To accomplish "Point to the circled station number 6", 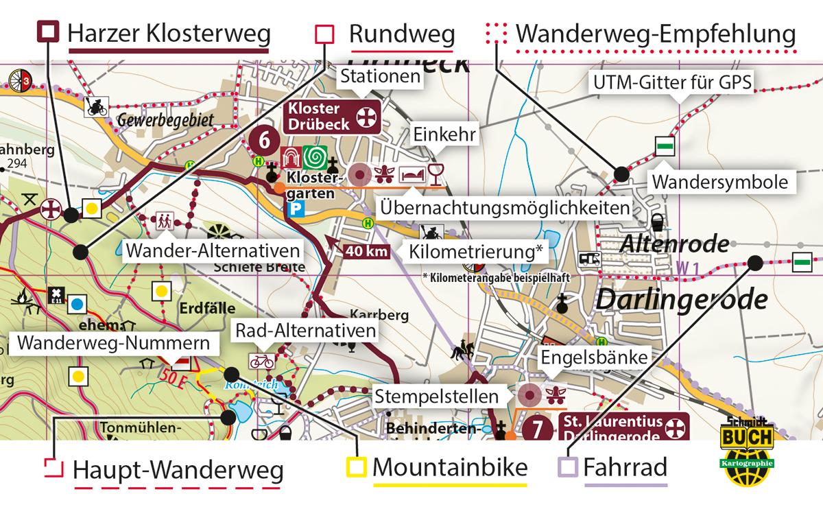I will tap(263, 139).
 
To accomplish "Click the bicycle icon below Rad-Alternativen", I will tap(262, 360).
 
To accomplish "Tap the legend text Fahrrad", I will tap(625, 469).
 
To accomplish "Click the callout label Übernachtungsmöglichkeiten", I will tap(504, 208).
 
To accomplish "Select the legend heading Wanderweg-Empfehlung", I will tap(655, 33).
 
